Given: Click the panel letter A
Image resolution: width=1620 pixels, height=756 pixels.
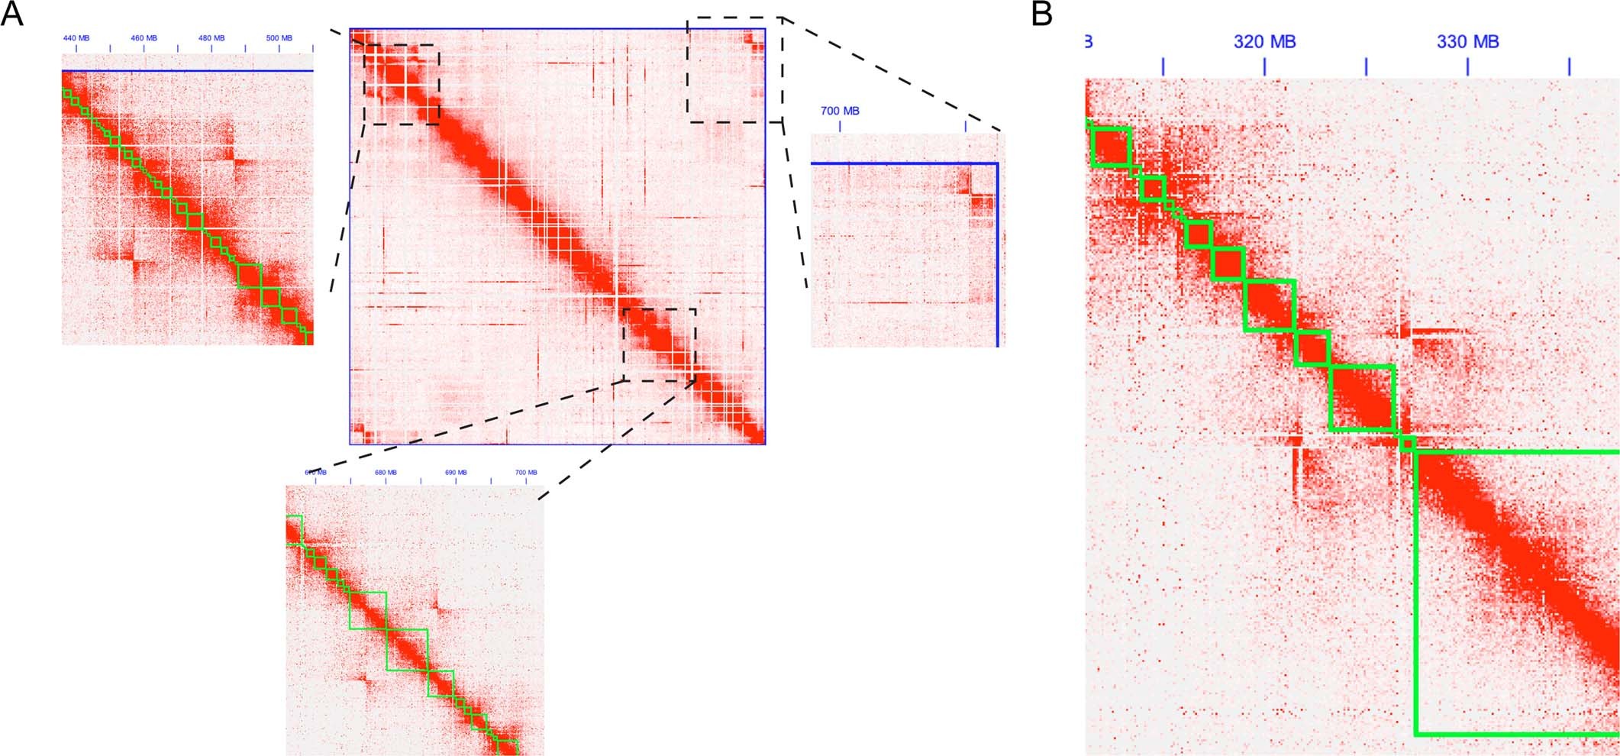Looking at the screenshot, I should pos(12,14).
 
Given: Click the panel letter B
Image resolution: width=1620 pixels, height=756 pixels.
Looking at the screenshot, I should pos(1042,14).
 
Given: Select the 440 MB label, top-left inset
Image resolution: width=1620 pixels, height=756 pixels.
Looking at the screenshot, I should pos(76,38).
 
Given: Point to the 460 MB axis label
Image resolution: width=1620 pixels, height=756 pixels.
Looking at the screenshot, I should pos(144,38).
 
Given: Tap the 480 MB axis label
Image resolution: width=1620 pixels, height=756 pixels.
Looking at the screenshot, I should pos(211,38).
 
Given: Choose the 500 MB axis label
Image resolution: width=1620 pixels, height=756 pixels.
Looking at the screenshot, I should pos(279,38).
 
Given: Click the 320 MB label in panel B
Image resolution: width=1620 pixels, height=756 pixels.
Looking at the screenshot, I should pos(1264,42).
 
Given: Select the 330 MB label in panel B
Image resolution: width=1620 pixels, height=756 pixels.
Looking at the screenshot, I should pos(1467,42).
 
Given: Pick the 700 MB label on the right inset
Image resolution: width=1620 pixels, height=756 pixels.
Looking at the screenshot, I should pos(840,111).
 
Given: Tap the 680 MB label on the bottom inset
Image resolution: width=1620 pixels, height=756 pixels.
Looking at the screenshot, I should pos(386,473).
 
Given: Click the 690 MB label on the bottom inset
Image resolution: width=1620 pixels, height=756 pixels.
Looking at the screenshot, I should pos(456,473).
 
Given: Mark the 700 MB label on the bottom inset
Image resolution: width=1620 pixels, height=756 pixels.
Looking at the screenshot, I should pos(525,473).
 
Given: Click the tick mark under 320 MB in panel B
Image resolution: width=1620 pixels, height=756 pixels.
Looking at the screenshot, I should pos(1264,66).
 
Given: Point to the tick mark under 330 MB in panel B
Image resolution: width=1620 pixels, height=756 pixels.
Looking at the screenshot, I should pos(1467,66).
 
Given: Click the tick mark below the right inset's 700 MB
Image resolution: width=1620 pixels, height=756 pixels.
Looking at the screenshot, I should pos(840,125).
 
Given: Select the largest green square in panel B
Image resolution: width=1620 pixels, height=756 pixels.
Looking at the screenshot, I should pos(1516,593).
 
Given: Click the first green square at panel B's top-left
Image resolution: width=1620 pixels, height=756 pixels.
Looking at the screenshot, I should pos(1112,147).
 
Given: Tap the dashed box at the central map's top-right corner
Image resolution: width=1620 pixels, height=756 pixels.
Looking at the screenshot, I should pos(734,69).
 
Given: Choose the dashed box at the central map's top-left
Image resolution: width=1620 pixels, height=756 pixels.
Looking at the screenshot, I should pos(402,84).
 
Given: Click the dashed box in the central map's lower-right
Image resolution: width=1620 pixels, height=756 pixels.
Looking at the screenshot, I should pos(660,344).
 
